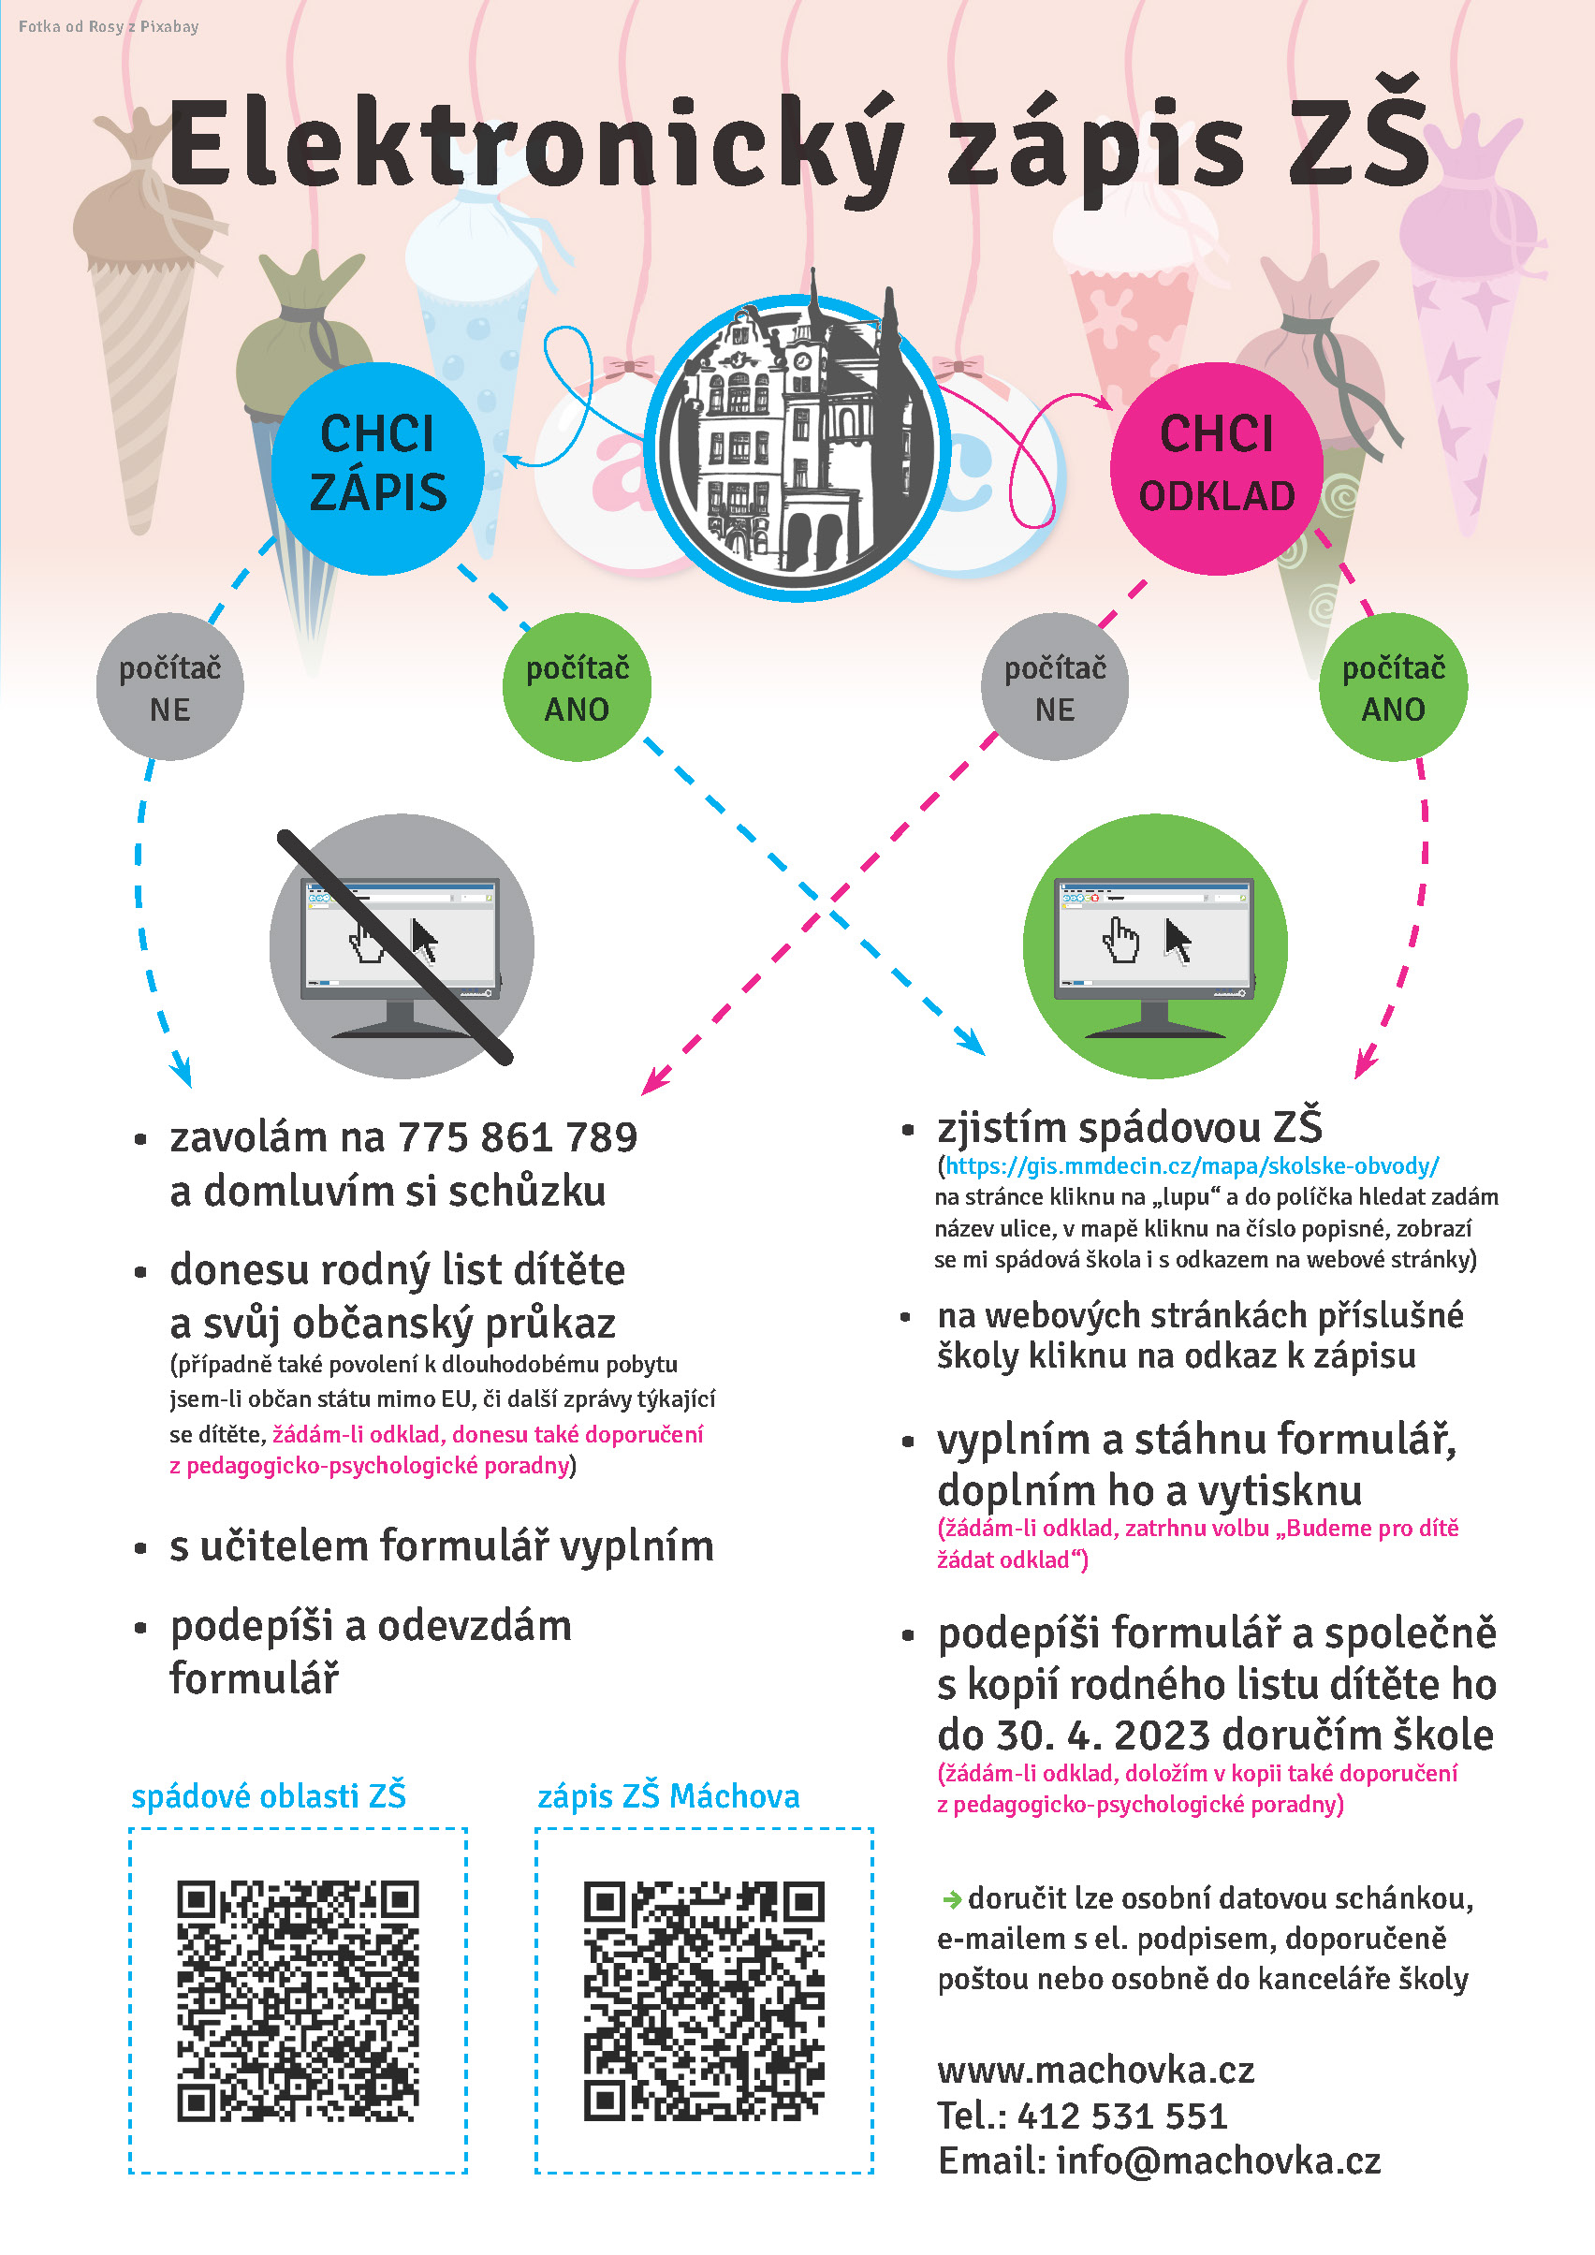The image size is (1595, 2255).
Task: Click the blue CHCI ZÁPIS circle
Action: tap(377, 467)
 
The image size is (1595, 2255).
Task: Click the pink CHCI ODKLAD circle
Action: tap(1216, 467)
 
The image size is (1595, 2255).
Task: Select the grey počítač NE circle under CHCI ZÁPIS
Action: tap(170, 687)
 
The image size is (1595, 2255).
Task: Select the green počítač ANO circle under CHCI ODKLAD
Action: tap(1393, 687)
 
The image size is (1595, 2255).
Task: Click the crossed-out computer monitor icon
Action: tap(401, 945)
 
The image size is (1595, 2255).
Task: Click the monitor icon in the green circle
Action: tap(1154, 945)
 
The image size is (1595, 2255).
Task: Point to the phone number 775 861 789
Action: tap(518, 1137)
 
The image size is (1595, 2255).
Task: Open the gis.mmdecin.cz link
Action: tap(1192, 1165)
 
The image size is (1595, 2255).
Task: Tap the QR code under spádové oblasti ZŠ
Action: tap(298, 2001)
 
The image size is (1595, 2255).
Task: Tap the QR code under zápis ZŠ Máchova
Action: tap(703, 2001)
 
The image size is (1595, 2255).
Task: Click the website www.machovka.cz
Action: tap(1095, 2070)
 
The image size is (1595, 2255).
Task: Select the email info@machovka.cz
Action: tap(1218, 2160)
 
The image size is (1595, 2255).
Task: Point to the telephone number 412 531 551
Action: tap(1121, 2116)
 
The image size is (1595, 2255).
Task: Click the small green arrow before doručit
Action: tap(951, 1900)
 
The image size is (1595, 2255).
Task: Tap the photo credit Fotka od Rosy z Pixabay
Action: tap(108, 26)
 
